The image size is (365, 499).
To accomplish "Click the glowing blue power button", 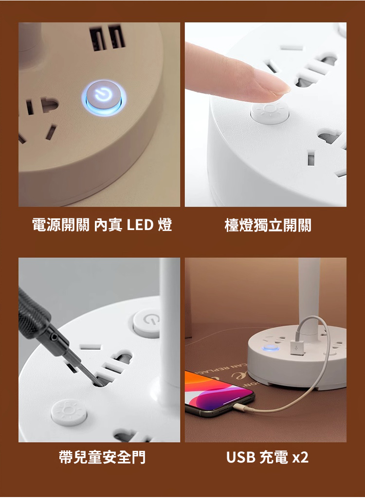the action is [x=104, y=97].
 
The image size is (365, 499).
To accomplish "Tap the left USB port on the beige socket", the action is [x=98, y=39].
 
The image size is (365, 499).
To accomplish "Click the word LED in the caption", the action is [x=140, y=225].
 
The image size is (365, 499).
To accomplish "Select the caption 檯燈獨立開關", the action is [x=268, y=225].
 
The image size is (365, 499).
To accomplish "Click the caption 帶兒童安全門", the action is [x=102, y=457].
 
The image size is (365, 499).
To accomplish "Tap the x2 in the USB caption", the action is [x=300, y=458].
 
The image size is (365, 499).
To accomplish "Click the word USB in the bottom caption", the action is [x=240, y=457].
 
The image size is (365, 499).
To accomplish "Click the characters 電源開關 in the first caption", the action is [x=61, y=225].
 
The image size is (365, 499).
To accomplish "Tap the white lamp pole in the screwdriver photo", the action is [x=169, y=331].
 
